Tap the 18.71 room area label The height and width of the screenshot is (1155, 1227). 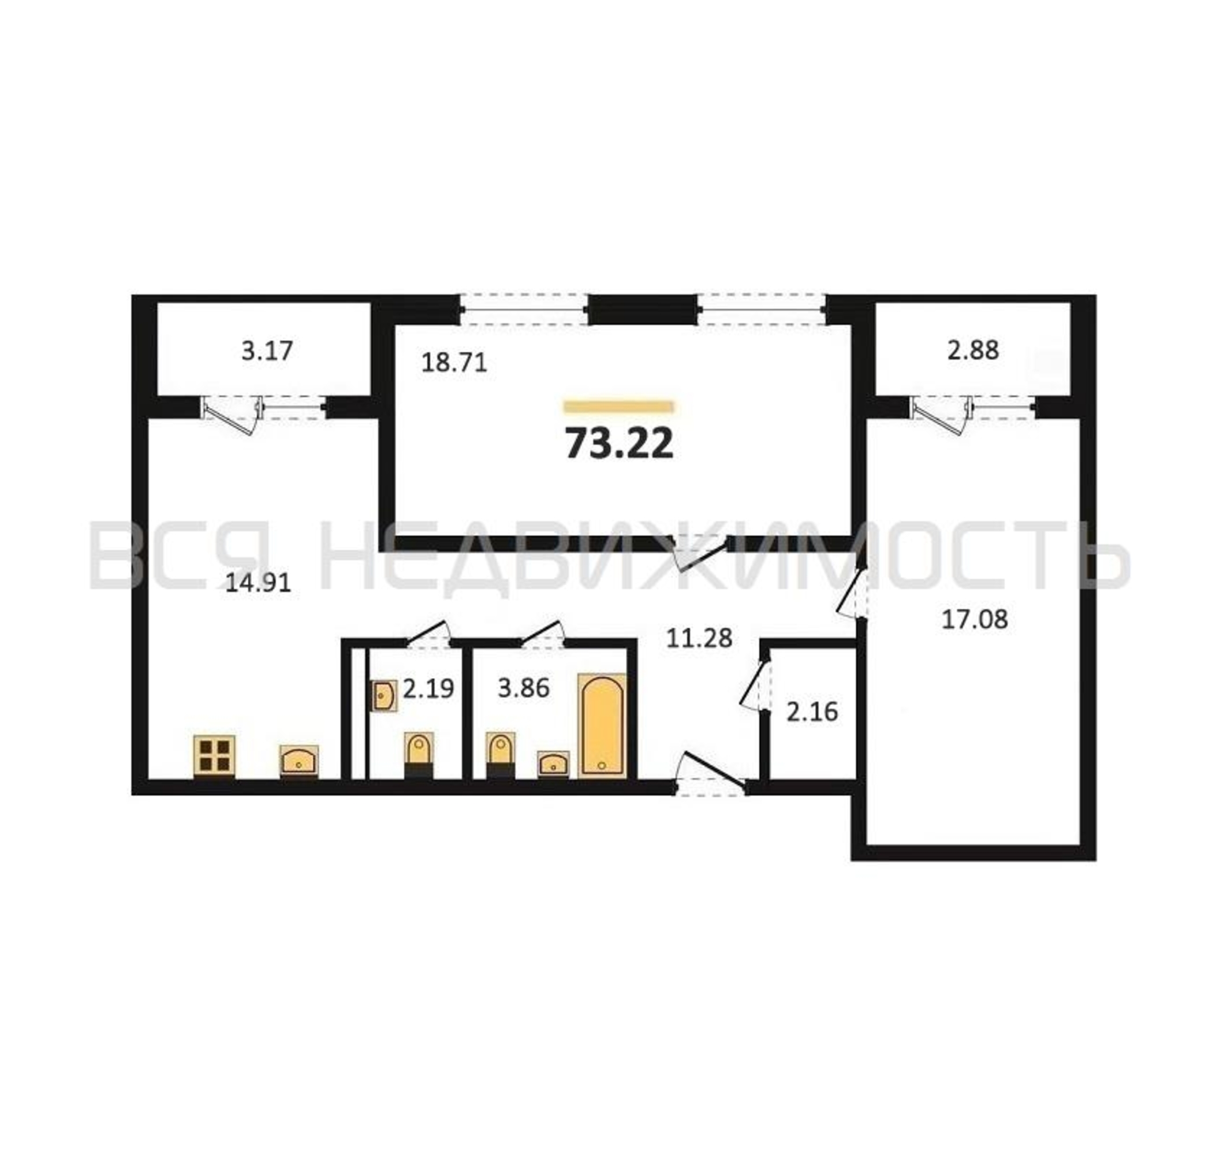(x=454, y=362)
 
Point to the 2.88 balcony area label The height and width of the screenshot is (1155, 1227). (x=973, y=350)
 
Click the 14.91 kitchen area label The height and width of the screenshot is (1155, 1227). (x=258, y=582)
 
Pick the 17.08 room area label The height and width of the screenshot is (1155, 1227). (x=975, y=619)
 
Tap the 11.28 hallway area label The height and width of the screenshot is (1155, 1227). (x=699, y=638)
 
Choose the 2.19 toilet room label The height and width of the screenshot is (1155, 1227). (x=428, y=688)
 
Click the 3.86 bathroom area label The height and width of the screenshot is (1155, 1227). (x=523, y=688)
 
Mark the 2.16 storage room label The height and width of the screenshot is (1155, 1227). (x=812, y=711)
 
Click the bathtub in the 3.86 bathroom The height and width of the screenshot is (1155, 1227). (x=602, y=725)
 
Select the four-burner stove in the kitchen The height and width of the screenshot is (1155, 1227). (x=214, y=755)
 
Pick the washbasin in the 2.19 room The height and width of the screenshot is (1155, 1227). (x=384, y=696)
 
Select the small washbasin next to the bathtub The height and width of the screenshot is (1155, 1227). (x=553, y=764)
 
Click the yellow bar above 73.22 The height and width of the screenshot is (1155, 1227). (x=619, y=406)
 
